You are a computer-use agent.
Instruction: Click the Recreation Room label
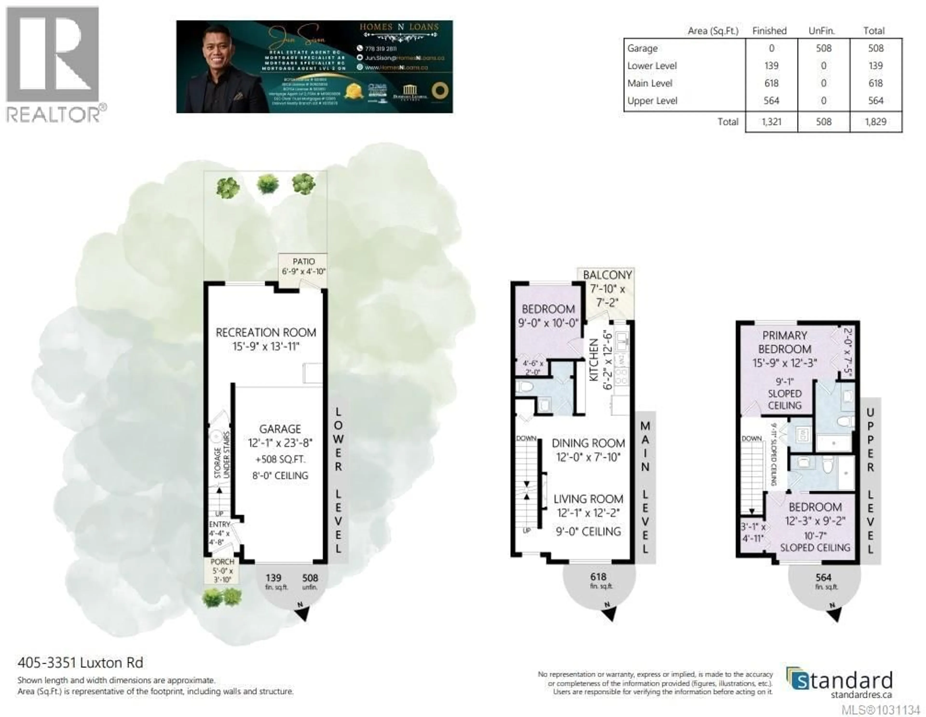[x=266, y=332]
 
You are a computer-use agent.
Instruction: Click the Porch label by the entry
[x=222, y=562]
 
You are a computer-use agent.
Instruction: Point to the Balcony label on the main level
[x=607, y=275]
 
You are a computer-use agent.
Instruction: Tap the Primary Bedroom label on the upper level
[x=784, y=342]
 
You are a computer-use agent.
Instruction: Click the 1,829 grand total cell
[x=876, y=122]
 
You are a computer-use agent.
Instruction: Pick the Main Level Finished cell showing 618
[x=771, y=83]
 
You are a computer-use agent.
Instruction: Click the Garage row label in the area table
[x=642, y=48]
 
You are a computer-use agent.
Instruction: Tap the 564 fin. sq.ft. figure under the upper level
[x=824, y=577]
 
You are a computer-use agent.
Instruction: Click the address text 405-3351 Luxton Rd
[x=80, y=662]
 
